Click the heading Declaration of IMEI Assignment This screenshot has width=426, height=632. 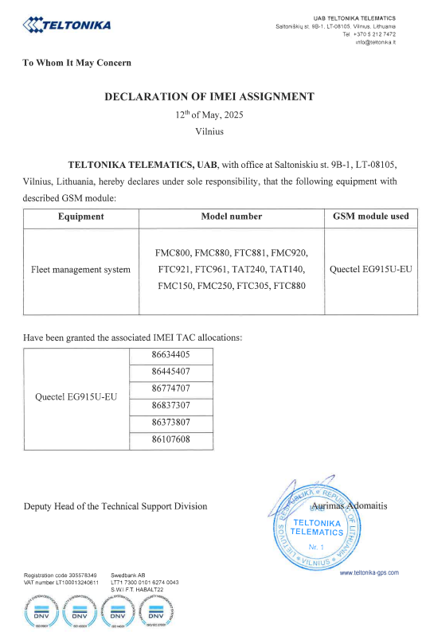pos(209,96)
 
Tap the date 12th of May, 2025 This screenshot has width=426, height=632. pos(209,115)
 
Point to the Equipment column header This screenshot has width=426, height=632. pos(81,216)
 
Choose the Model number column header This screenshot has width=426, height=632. pos(232,216)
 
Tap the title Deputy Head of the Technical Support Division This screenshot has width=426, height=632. pos(115,506)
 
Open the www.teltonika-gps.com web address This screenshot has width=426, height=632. pos(369,572)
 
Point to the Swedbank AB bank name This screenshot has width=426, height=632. pos(127,575)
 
